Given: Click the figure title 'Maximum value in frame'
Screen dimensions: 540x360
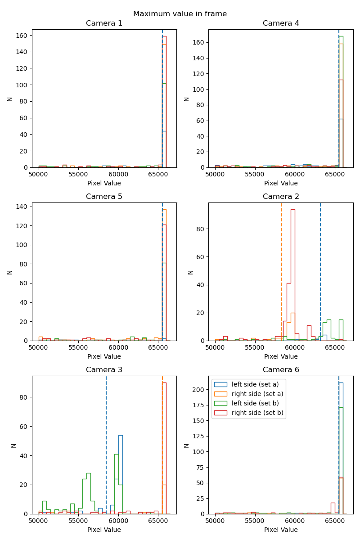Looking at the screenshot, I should coord(180,14).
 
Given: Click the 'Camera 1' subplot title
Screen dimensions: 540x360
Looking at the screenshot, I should coord(104,23).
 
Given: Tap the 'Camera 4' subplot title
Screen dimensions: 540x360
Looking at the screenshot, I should coord(281,23).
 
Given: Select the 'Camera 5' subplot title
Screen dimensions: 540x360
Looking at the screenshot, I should coord(104,197).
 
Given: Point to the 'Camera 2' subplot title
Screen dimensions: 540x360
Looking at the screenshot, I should coord(281,197).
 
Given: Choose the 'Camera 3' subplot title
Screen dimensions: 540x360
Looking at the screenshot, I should coord(104,370).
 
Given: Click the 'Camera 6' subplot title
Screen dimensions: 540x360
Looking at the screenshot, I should coord(281,370).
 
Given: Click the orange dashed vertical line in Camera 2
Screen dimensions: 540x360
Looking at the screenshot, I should coord(281,270).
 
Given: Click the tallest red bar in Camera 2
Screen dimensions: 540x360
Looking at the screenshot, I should coord(293,274).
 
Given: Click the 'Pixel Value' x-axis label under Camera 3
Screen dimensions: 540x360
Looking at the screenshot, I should coord(104,530).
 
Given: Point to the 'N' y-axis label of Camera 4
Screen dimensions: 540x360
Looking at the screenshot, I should coord(187,98).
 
